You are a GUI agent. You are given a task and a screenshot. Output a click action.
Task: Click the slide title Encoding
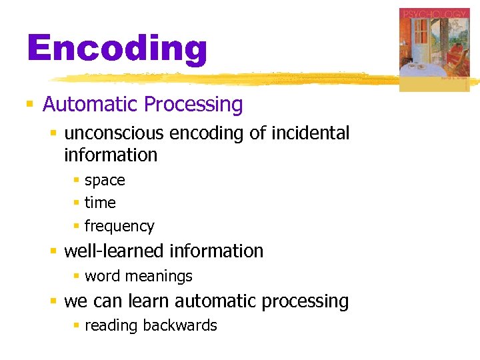click(117, 49)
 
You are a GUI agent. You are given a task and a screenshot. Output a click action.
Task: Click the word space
click(105, 181)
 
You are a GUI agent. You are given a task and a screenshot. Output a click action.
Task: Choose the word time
click(100, 203)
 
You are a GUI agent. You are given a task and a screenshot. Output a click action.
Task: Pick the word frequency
click(119, 227)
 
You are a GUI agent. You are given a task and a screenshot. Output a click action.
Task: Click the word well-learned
click(114, 251)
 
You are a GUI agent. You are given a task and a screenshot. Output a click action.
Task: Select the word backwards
click(183, 325)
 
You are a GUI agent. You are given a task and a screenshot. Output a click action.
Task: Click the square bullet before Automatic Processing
click(29, 105)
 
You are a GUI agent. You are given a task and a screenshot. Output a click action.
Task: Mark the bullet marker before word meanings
click(77, 276)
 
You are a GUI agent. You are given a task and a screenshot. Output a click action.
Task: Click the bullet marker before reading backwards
click(77, 325)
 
